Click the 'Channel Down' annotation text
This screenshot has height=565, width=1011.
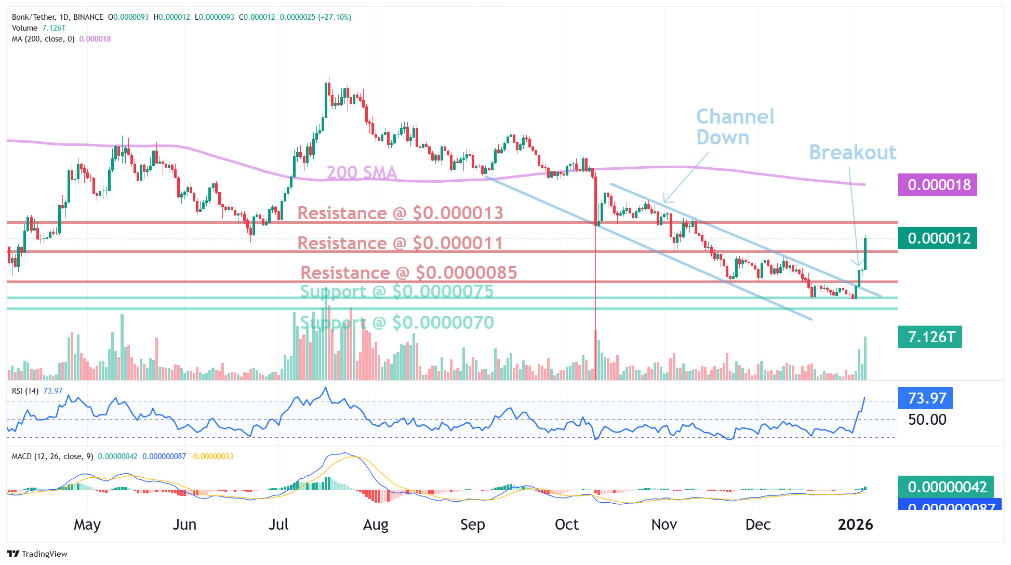click(735, 127)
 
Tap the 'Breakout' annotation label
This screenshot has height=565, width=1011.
click(853, 152)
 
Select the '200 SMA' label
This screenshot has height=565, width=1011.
click(362, 172)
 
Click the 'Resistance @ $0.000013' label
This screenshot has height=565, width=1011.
click(400, 213)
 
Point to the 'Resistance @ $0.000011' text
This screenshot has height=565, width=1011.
click(400, 243)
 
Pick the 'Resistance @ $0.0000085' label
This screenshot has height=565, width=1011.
click(409, 273)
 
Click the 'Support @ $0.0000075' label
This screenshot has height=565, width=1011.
click(397, 291)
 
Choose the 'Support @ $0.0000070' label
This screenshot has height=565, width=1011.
click(397, 322)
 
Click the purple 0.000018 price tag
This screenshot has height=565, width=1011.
click(937, 185)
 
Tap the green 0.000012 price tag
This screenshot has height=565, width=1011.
click(937, 238)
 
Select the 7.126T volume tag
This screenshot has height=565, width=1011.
click(929, 337)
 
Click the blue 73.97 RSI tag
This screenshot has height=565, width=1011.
click(925, 398)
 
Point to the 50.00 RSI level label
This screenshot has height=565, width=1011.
click(927, 420)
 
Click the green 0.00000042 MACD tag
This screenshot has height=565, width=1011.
click(946, 487)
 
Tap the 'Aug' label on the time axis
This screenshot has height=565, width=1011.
click(376, 524)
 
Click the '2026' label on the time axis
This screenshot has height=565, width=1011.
click(855, 524)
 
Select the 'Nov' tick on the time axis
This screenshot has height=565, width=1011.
click(664, 524)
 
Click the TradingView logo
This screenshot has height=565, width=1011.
click(37, 554)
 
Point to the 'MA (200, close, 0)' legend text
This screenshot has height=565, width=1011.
click(43, 39)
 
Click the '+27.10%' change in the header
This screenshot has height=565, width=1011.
click(335, 17)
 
